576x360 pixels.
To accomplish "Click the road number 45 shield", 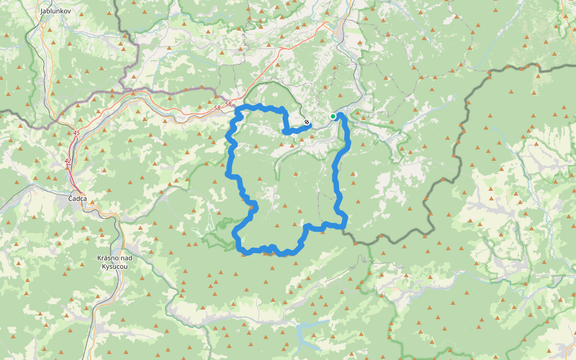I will tap(76, 133).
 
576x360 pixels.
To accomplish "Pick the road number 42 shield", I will tap(67, 161).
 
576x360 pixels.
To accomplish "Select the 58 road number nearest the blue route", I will tap(228, 104).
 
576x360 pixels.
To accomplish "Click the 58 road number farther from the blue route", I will tap(217, 108).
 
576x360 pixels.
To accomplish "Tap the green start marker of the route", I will tap(332, 116).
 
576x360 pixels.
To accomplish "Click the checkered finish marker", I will tap(307, 122).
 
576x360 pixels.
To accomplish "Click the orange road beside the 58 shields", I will tap(198, 110).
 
